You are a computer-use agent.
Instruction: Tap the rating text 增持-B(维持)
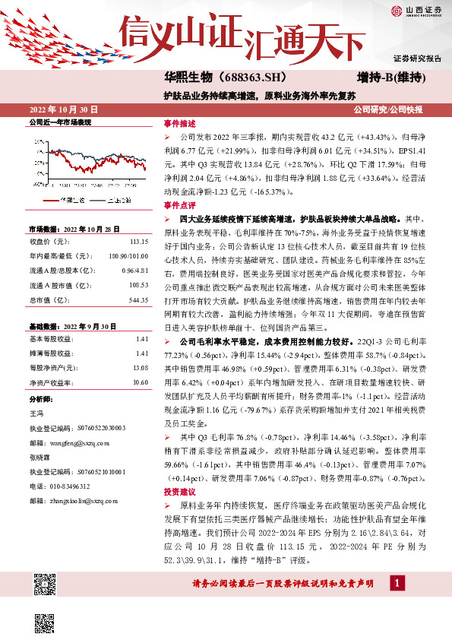tap(390, 78)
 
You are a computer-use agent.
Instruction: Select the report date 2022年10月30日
tap(64, 110)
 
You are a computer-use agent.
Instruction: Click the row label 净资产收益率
tap(52, 382)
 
